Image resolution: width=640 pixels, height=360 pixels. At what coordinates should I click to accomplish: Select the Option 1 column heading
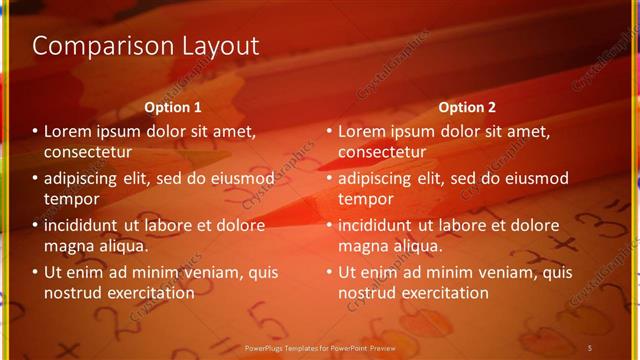(173, 107)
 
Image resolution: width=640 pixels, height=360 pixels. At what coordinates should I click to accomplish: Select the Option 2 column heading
(467, 107)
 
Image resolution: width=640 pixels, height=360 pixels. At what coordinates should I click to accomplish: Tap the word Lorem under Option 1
(68, 132)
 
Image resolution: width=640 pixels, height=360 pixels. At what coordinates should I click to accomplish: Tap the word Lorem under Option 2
(362, 132)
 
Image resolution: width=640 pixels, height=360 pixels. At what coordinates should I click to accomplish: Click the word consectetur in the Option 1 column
(88, 152)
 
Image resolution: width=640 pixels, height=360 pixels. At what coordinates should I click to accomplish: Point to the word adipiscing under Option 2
(380, 179)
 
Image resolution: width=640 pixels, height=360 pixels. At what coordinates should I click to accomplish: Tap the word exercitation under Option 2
(443, 293)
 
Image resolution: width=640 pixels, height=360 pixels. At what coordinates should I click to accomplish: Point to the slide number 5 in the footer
(590, 347)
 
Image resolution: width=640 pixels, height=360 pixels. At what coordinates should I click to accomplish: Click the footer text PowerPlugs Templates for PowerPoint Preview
(319, 347)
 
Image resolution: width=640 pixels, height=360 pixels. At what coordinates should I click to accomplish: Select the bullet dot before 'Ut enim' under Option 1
(35, 272)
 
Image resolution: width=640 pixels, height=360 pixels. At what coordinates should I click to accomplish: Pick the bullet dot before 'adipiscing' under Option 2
(329, 179)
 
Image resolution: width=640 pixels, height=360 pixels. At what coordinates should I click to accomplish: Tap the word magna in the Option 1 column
(68, 245)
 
